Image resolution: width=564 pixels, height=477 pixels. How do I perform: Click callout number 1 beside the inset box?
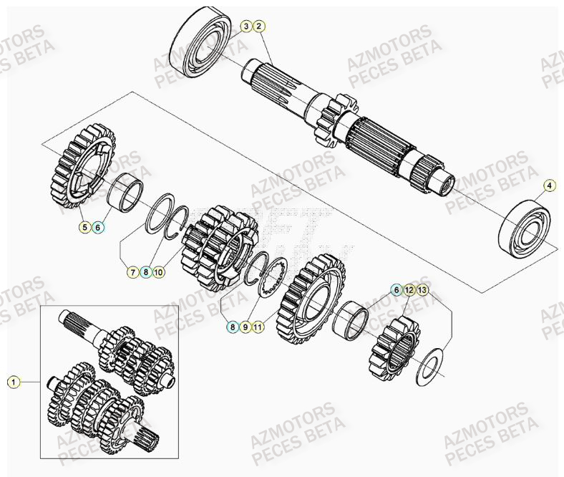[x=12, y=382]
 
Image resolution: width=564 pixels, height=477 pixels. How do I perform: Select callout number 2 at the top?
[x=259, y=26]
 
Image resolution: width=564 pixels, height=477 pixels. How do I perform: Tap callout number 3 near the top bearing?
[x=245, y=26]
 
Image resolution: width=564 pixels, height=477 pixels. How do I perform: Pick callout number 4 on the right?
[x=549, y=186]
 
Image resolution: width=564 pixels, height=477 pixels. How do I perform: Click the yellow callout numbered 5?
[x=84, y=228]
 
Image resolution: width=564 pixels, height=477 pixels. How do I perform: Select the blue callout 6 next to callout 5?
[x=98, y=228]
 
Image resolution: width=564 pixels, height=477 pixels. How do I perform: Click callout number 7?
[x=132, y=272]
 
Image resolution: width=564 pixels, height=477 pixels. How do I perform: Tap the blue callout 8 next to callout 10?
[x=145, y=272]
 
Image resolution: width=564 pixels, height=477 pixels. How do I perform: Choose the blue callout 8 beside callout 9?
[x=232, y=327]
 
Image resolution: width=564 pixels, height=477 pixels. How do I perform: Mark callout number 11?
[x=258, y=327]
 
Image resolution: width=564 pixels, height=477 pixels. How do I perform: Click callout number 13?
[x=422, y=290]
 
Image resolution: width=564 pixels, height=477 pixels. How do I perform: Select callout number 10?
[x=159, y=272]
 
